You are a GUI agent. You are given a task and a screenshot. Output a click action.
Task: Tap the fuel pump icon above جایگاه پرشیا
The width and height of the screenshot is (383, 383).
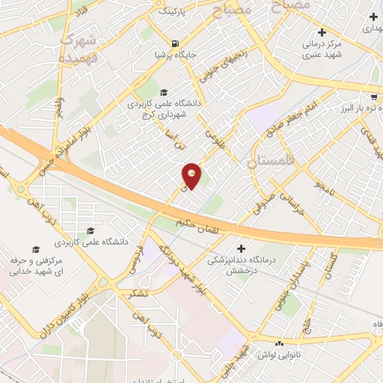[174, 43]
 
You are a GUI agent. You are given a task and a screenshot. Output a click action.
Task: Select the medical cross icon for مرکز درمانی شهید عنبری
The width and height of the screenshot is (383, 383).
[322, 32]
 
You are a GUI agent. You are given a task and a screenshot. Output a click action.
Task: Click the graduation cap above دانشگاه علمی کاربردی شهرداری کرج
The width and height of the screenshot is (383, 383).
[163, 92]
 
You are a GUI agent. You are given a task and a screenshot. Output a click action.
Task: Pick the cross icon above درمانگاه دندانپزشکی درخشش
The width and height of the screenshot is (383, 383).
[241, 248]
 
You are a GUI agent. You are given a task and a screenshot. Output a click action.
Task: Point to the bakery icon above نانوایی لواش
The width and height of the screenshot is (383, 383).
[279, 343]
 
